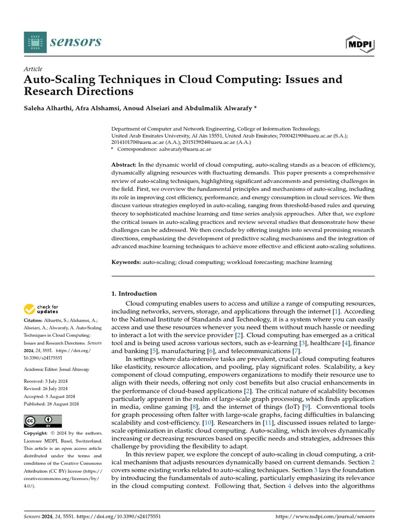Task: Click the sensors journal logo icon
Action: click(x=35, y=42)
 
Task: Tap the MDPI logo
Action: click(x=360, y=44)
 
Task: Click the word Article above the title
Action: click(x=33, y=69)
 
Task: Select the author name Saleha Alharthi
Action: click(x=48, y=110)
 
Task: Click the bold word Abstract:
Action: click(x=124, y=165)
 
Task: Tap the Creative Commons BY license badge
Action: click(x=43, y=421)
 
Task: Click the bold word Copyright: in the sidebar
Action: click(x=37, y=433)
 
